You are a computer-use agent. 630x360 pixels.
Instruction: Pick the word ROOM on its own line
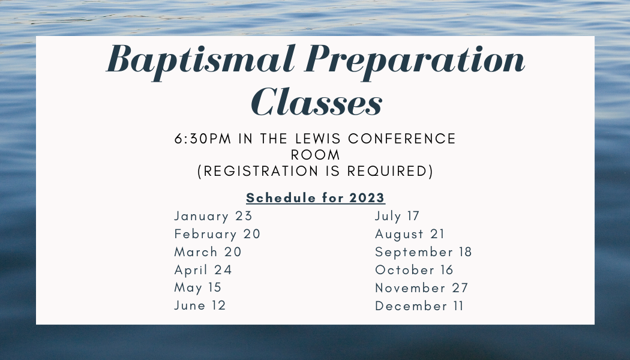(x=316, y=155)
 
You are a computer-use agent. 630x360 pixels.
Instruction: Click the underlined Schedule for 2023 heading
(x=316, y=198)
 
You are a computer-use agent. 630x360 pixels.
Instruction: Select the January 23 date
(x=214, y=216)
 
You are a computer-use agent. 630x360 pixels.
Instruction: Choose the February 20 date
(x=218, y=234)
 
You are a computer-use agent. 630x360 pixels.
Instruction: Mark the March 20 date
(x=208, y=252)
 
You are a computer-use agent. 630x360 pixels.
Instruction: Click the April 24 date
(x=203, y=270)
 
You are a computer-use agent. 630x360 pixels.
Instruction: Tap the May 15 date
(x=198, y=288)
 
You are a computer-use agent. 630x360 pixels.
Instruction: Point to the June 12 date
(x=200, y=306)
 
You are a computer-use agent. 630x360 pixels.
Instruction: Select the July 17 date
(x=398, y=216)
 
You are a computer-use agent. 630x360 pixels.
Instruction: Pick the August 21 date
(x=410, y=234)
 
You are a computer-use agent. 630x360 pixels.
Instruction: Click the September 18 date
(x=424, y=252)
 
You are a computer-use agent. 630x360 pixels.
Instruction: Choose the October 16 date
(x=415, y=270)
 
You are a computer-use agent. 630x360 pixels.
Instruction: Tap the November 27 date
(x=422, y=288)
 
